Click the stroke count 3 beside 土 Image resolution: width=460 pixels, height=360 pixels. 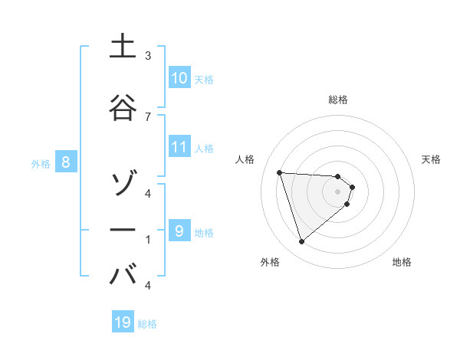(x=148, y=56)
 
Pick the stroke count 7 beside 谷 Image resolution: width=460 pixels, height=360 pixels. (x=148, y=116)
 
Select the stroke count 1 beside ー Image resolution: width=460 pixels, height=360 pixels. (x=148, y=239)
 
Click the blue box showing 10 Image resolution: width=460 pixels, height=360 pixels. (x=179, y=78)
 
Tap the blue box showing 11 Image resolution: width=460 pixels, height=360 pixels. (x=179, y=147)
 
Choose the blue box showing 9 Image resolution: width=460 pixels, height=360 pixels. (x=179, y=231)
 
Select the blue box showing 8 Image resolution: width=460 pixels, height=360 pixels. (x=66, y=162)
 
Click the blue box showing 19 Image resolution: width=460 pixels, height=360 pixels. (x=123, y=322)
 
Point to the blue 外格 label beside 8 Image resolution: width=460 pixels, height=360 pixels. (x=41, y=163)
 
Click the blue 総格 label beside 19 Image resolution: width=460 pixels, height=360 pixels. (x=147, y=324)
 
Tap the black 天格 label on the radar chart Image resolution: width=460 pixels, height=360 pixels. (x=432, y=159)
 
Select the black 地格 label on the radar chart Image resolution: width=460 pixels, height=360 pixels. (x=402, y=262)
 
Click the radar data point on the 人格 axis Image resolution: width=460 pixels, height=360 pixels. (x=280, y=172)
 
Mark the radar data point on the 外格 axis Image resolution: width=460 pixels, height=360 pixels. (x=302, y=242)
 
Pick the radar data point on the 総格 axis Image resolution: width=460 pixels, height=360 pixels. (x=337, y=176)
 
